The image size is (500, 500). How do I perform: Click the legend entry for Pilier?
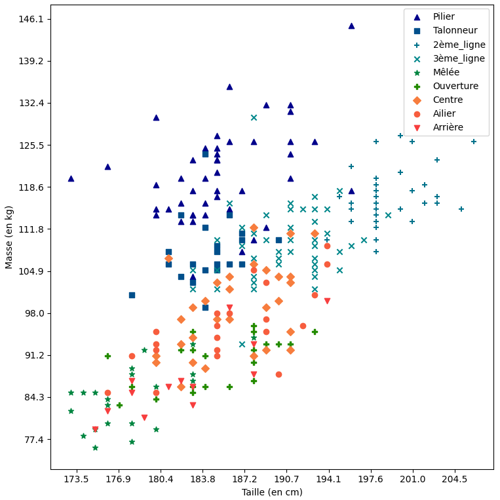tap(444, 16)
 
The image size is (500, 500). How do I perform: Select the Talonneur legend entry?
tap(455, 30)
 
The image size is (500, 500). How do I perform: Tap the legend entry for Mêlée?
tap(446, 72)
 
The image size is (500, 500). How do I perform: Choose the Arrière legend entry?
tap(448, 127)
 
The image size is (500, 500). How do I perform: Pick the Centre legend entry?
tap(448, 100)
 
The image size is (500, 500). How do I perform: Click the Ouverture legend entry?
tap(455, 86)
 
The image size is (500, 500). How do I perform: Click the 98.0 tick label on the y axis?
tap(33, 313)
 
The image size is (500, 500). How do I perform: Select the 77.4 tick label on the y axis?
tap(33, 439)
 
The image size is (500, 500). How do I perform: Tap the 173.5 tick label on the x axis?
tap(77, 480)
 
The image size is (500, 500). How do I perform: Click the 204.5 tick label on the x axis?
tap(454, 480)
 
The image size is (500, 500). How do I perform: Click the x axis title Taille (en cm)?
tap(272, 492)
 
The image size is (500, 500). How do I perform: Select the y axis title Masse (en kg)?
tap(9, 237)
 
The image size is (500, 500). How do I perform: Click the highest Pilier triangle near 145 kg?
tap(351, 26)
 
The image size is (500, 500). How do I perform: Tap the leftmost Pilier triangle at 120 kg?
tap(71, 178)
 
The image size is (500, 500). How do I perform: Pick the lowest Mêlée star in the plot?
tap(95, 448)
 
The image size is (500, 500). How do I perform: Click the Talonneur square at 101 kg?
tap(132, 295)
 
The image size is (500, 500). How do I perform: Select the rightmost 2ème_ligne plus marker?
tap(474, 142)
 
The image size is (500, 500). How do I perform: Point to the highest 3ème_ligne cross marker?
tap(254, 117)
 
